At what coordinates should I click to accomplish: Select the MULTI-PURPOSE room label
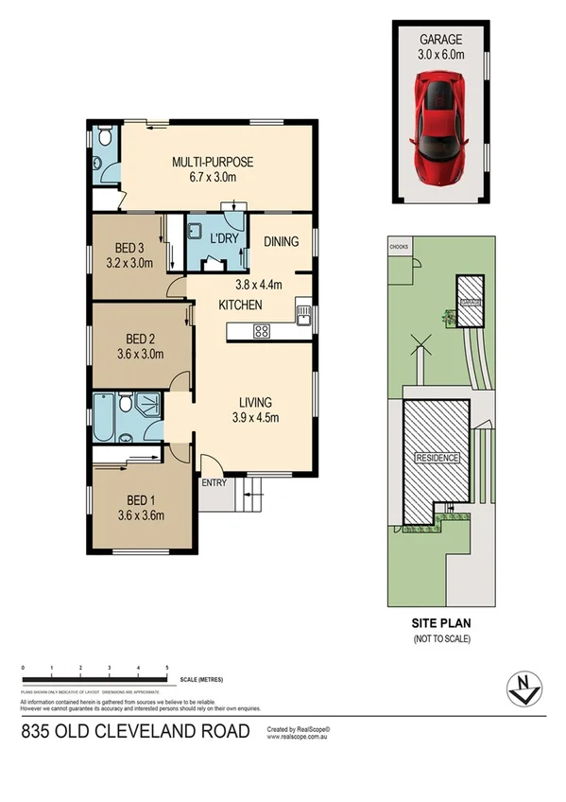(213, 162)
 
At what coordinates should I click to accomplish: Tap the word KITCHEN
(240, 305)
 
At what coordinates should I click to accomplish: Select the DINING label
(282, 242)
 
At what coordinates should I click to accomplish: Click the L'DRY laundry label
(223, 237)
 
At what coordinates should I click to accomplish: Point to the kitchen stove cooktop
(262, 331)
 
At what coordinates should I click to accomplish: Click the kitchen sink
(303, 316)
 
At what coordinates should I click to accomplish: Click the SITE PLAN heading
(440, 623)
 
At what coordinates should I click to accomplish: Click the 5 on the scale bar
(167, 669)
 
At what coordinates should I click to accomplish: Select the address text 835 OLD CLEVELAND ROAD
(136, 731)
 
